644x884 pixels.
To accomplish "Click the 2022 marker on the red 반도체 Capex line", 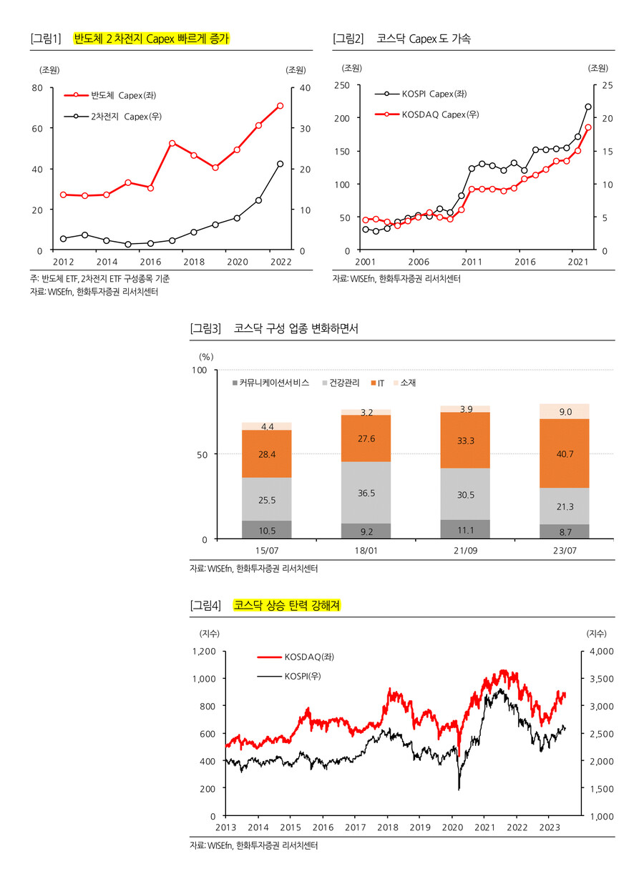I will [280, 106].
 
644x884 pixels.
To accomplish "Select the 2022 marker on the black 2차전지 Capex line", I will [280, 164].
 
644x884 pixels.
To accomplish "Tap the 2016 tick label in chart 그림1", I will [150, 262].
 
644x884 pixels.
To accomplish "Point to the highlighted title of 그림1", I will [155, 39].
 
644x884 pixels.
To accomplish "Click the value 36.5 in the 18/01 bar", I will [366, 493].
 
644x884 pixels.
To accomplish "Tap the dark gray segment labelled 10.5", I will [267, 530].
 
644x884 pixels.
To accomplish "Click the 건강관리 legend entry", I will [342, 383].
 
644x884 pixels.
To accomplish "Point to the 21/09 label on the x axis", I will [465, 551].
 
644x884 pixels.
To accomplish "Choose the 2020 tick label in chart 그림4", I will [452, 827].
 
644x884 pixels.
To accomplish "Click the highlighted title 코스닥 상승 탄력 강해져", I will [288, 606].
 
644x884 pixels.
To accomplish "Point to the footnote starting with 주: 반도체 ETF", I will [100, 279].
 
